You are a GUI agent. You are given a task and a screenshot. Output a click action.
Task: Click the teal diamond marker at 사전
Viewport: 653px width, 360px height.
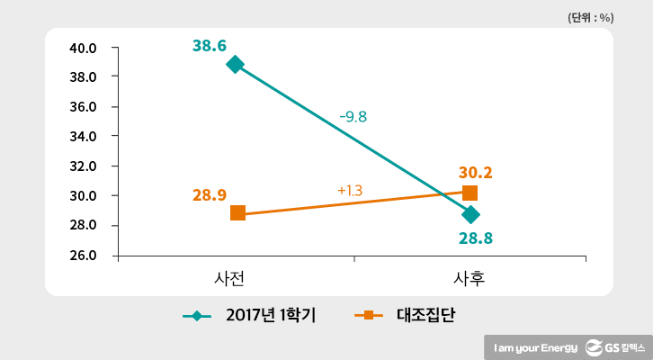pos(236,64)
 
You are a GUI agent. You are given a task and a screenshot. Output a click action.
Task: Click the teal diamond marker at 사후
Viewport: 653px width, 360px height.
pos(470,214)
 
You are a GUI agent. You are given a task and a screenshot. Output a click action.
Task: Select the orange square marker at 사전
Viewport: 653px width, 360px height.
pos(237,213)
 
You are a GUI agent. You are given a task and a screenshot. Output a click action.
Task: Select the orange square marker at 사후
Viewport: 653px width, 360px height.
pos(470,193)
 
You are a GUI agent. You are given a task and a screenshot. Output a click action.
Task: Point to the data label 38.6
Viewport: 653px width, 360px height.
pos(209,43)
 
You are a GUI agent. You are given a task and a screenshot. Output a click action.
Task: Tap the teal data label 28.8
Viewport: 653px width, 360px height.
pos(476,238)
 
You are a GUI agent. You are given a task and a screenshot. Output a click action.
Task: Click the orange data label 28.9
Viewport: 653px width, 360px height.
pos(210,194)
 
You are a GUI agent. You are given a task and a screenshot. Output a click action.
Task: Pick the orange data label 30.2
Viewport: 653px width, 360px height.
pos(475,173)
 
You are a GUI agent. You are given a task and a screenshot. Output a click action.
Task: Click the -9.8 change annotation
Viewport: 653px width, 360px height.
pos(353,117)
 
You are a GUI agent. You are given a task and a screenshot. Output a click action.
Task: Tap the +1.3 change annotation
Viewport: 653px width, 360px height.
pos(350,191)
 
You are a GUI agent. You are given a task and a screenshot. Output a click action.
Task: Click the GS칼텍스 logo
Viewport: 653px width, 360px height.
pos(615,346)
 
